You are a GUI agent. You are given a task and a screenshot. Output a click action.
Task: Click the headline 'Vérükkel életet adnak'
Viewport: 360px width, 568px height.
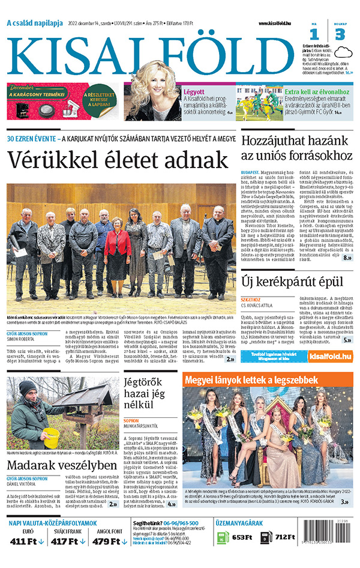tap(118, 160)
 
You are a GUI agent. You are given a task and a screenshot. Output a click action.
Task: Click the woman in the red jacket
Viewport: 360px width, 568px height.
tap(117, 243)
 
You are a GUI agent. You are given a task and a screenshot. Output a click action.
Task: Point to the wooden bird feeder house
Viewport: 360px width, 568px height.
tap(86, 396)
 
